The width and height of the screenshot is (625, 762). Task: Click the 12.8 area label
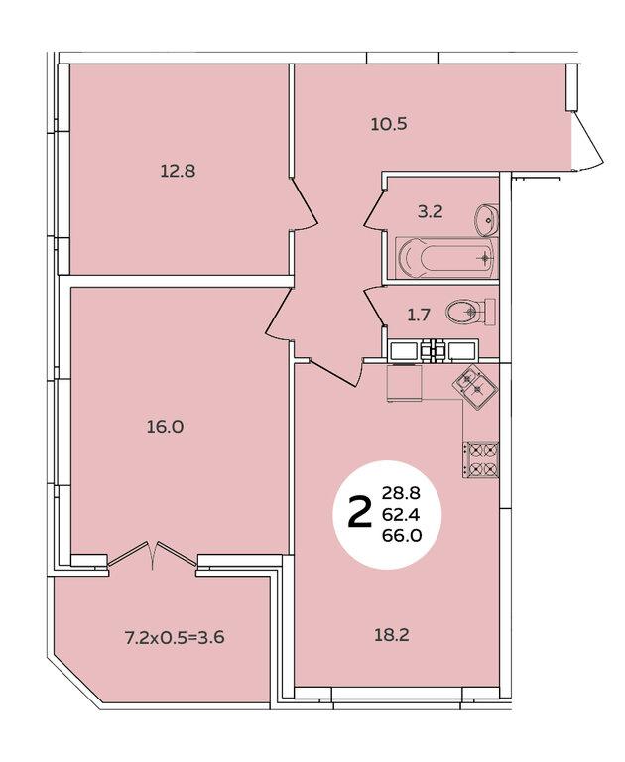(178, 171)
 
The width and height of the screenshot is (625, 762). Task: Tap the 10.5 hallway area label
(388, 124)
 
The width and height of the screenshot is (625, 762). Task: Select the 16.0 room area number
(166, 427)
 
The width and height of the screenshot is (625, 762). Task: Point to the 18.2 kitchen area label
(391, 635)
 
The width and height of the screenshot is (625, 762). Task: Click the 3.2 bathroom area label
(431, 212)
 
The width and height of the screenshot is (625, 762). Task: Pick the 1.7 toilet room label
(419, 316)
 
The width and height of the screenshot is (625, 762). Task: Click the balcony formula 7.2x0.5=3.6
(175, 637)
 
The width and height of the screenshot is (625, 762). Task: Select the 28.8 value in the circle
(401, 494)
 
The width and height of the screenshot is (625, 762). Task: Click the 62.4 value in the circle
(401, 514)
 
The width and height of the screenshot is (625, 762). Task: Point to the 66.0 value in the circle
(402, 535)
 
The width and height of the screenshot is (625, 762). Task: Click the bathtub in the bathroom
(446, 258)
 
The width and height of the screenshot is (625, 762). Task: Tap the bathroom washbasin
(487, 219)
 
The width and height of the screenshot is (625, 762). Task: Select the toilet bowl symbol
(470, 312)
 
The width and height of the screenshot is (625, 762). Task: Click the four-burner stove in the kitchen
(481, 460)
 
